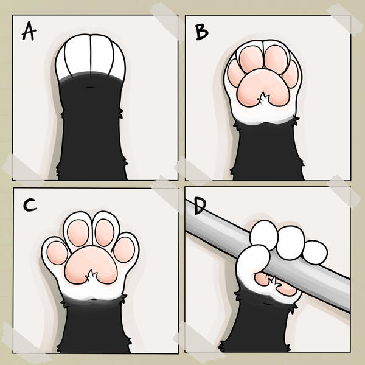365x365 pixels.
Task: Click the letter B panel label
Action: (x=201, y=32)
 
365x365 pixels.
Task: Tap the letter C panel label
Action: (x=28, y=205)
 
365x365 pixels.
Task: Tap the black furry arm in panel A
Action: (x=91, y=134)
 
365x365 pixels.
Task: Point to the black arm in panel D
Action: (x=262, y=322)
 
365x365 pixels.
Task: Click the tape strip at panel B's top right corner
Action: (x=341, y=18)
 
